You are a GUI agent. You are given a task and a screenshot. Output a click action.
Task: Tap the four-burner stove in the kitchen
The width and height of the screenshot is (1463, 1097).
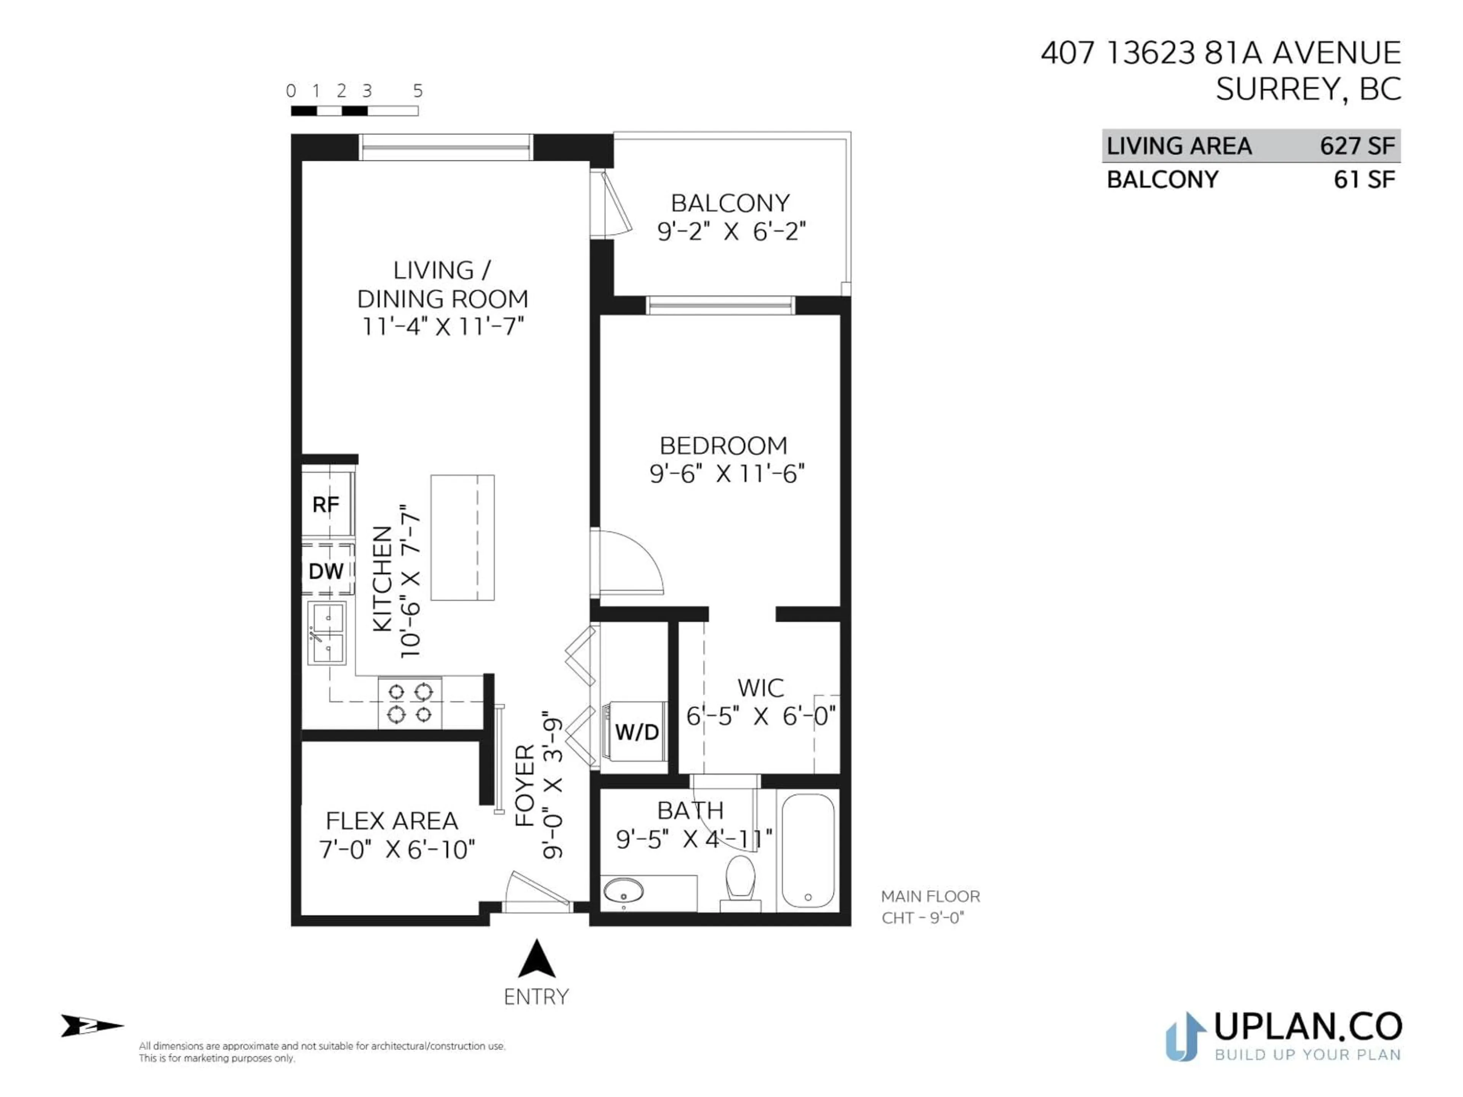pyautogui.click(x=410, y=703)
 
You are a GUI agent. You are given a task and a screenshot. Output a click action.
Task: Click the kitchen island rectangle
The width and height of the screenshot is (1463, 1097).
pyautogui.click(x=462, y=537)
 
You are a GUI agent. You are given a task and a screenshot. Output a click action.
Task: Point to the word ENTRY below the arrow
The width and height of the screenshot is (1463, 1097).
pyautogui.click(x=536, y=997)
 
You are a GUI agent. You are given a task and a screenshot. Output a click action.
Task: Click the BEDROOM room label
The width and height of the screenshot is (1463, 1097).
pyautogui.click(x=723, y=446)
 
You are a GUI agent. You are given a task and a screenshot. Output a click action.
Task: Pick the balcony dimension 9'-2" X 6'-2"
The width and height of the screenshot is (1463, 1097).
pyautogui.click(x=731, y=232)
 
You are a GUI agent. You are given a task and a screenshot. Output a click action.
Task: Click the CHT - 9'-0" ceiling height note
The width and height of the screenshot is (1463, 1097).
pyautogui.click(x=923, y=918)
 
